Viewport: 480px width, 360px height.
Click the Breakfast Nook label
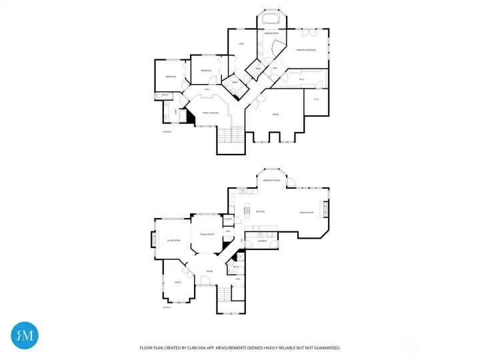click(271, 181)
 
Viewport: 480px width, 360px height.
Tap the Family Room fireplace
click(326, 211)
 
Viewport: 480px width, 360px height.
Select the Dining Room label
click(207, 235)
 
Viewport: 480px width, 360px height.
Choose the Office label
click(177, 283)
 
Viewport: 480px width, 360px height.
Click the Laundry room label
click(254, 241)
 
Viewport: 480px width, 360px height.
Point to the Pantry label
click(228, 219)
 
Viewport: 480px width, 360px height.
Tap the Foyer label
click(209, 271)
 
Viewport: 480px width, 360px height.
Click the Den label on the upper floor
click(241, 44)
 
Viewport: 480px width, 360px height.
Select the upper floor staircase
click(231, 136)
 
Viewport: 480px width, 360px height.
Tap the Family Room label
click(307, 212)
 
